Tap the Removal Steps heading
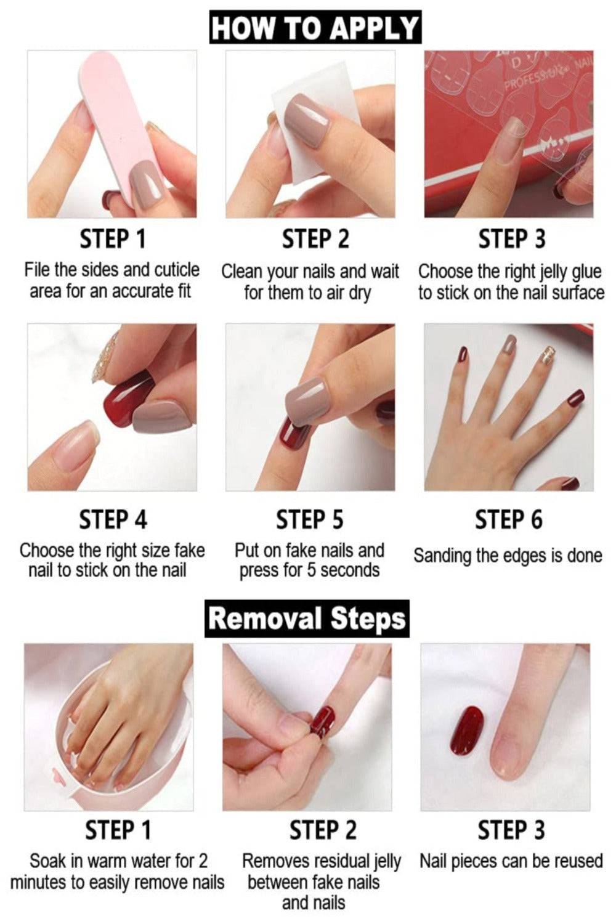pyautogui.click(x=307, y=618)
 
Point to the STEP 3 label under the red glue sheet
pyautogui.click(x=511, y=239)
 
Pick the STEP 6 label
pyautogui.click(x=509, y=519)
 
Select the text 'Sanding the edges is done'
pyautogui.click(x=508, y=556)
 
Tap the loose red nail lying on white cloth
pyautogui.click(x=471, y=729)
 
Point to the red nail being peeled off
pyautogui.click(x=325, y=719)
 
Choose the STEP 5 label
pyautogui.click(x=309, y=519)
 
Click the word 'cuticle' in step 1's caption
pyautogui.click(x=177, y=270)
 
